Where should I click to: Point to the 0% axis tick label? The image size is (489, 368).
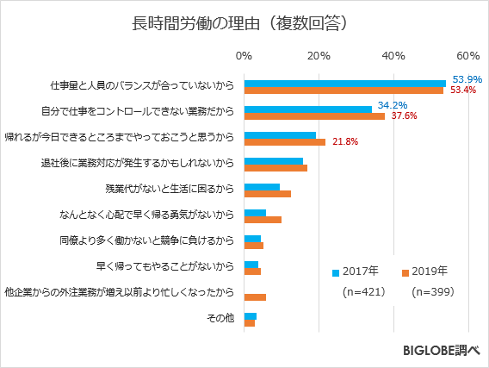pos(244,56)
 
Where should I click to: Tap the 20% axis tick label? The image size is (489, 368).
pos(319,56)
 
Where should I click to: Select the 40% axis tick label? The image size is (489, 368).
pos(393,56)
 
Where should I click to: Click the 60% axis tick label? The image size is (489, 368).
pos(467,56)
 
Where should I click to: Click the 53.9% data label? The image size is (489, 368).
pos(467,78)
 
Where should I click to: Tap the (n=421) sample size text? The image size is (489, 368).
pos(361,292)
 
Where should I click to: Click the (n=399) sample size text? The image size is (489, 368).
pos(432,292)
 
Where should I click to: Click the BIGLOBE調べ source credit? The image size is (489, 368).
pos(439,351)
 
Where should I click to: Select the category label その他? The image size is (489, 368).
pos(220,319)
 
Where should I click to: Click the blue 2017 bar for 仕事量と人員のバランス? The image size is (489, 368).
pos(344,83)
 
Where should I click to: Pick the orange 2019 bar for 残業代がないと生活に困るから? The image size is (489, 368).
pos(268,193)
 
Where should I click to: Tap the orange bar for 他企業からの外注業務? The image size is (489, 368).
pos(255,297)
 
